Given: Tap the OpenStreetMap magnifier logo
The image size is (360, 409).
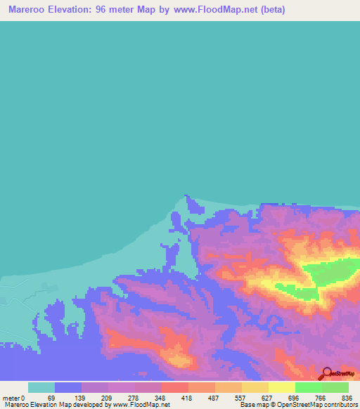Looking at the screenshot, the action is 326,373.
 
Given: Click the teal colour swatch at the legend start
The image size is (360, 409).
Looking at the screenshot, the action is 41,388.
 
